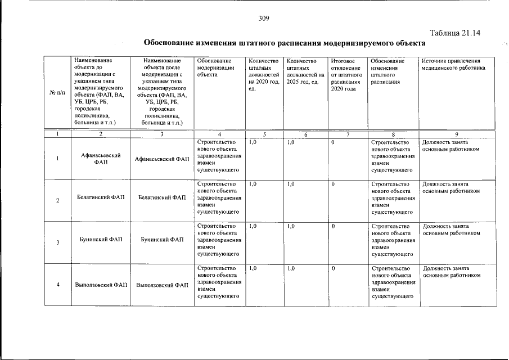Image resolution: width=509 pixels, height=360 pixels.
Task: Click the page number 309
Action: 264,19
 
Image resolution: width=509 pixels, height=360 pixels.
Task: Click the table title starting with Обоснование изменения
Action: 285,43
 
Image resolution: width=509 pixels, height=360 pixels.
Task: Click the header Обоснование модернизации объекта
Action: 214,67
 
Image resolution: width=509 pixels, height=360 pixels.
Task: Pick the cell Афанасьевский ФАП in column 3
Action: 162,159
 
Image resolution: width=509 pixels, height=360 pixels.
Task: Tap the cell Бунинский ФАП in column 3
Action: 162,240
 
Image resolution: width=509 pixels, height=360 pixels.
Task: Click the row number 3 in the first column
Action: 57,243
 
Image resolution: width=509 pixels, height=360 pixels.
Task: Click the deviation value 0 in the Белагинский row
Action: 334,184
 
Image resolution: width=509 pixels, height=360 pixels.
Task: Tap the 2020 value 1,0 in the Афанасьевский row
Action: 253,142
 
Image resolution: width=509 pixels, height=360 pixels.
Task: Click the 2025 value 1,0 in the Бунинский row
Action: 291,226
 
